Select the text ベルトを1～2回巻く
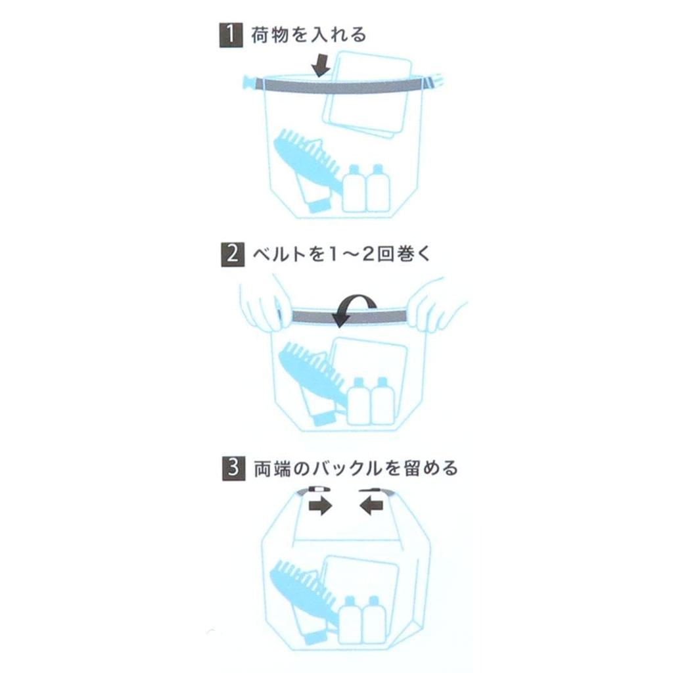341,253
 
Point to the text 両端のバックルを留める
355,469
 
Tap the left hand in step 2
261,304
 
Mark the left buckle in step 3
314,490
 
